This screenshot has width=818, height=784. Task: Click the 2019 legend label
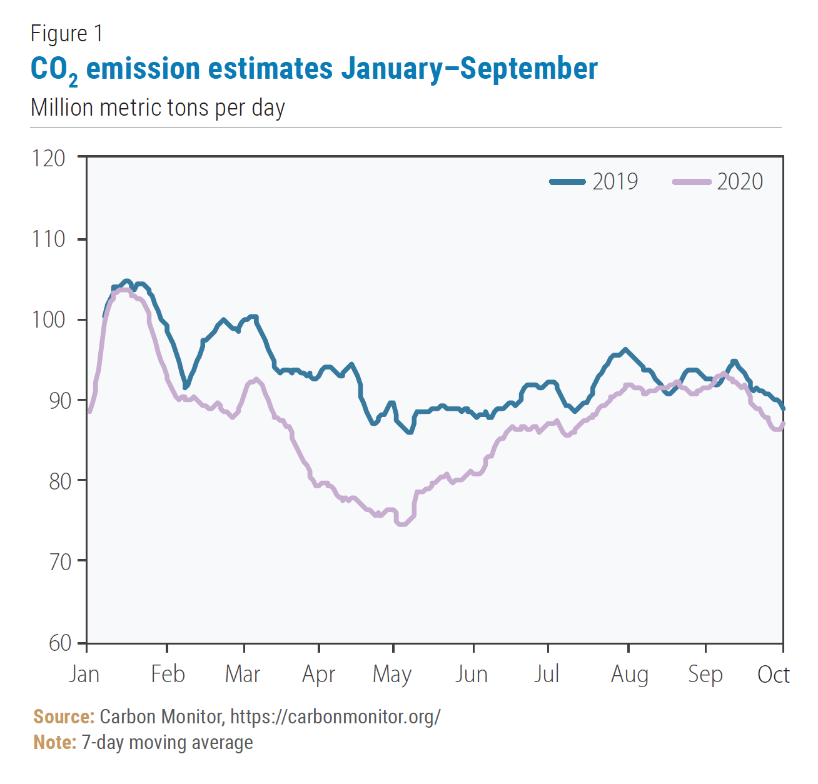click(615, 182)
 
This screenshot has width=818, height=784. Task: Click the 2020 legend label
click(740, 182)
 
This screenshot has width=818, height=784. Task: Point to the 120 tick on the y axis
click(49, 158)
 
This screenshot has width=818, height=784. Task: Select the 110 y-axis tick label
click(49, 239)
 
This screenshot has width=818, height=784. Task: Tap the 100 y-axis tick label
click(49, 319)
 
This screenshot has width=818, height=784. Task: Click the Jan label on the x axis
click(84, 674)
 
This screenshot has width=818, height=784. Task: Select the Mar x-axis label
click(243, 674)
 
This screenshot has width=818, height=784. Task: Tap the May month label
click(392, 675)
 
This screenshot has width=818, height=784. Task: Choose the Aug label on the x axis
click(629, 675)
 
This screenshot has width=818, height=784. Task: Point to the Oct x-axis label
click(774, 674)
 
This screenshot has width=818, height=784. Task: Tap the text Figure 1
click(67, 33)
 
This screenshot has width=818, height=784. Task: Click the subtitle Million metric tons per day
click(158, 108)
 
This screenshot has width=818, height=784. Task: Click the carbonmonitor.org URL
click(335, 716)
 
